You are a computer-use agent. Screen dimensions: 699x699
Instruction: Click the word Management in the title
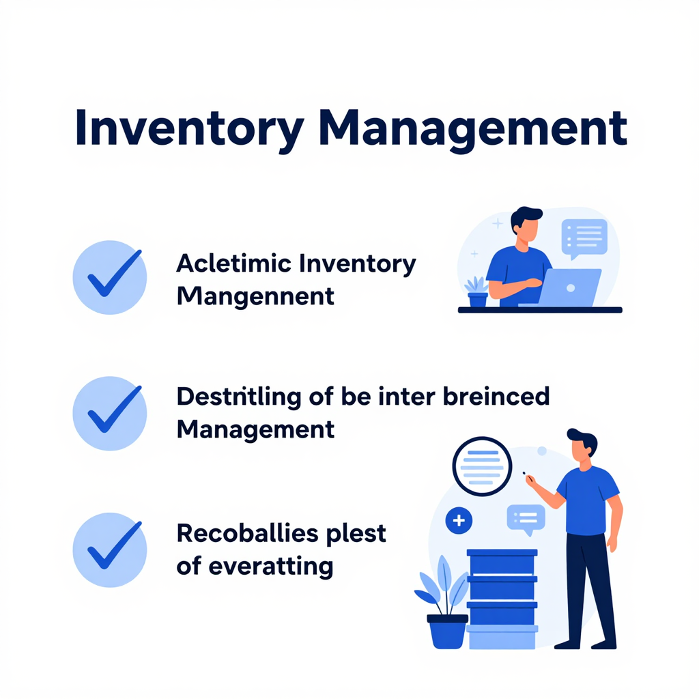click(473, 128)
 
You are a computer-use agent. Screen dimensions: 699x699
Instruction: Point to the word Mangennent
click(255, 296)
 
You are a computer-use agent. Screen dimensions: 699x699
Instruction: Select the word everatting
click(270, 567)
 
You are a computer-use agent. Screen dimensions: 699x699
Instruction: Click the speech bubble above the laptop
click(584, 238)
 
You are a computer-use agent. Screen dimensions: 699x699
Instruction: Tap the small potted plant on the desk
click(477, 291)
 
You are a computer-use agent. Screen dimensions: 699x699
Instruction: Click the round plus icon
click(459, 520)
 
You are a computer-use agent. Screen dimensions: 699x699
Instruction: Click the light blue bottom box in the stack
click(502, 637)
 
